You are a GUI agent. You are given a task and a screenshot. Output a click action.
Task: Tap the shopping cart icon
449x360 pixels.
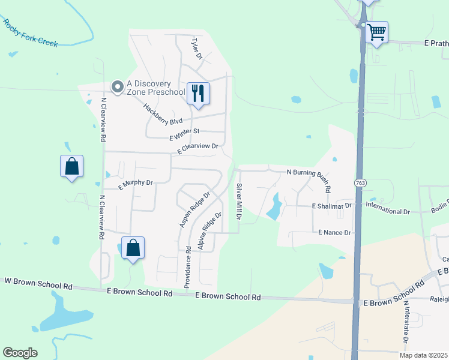376,32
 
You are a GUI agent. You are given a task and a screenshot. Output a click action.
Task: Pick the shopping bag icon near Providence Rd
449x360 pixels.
133,248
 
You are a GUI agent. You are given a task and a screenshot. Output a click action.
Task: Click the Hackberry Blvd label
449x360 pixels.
162,113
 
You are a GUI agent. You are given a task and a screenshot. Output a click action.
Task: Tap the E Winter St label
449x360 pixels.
184,134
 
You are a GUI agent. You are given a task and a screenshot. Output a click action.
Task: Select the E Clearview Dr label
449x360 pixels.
197,149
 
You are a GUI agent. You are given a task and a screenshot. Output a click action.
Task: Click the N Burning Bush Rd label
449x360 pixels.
309,178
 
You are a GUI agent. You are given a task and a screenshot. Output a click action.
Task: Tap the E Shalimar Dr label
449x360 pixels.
332,206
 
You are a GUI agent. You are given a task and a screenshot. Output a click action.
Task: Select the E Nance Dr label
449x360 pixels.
334,232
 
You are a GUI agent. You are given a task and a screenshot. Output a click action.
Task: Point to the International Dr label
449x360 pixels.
388,212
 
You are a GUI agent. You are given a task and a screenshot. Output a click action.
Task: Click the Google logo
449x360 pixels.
20,353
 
